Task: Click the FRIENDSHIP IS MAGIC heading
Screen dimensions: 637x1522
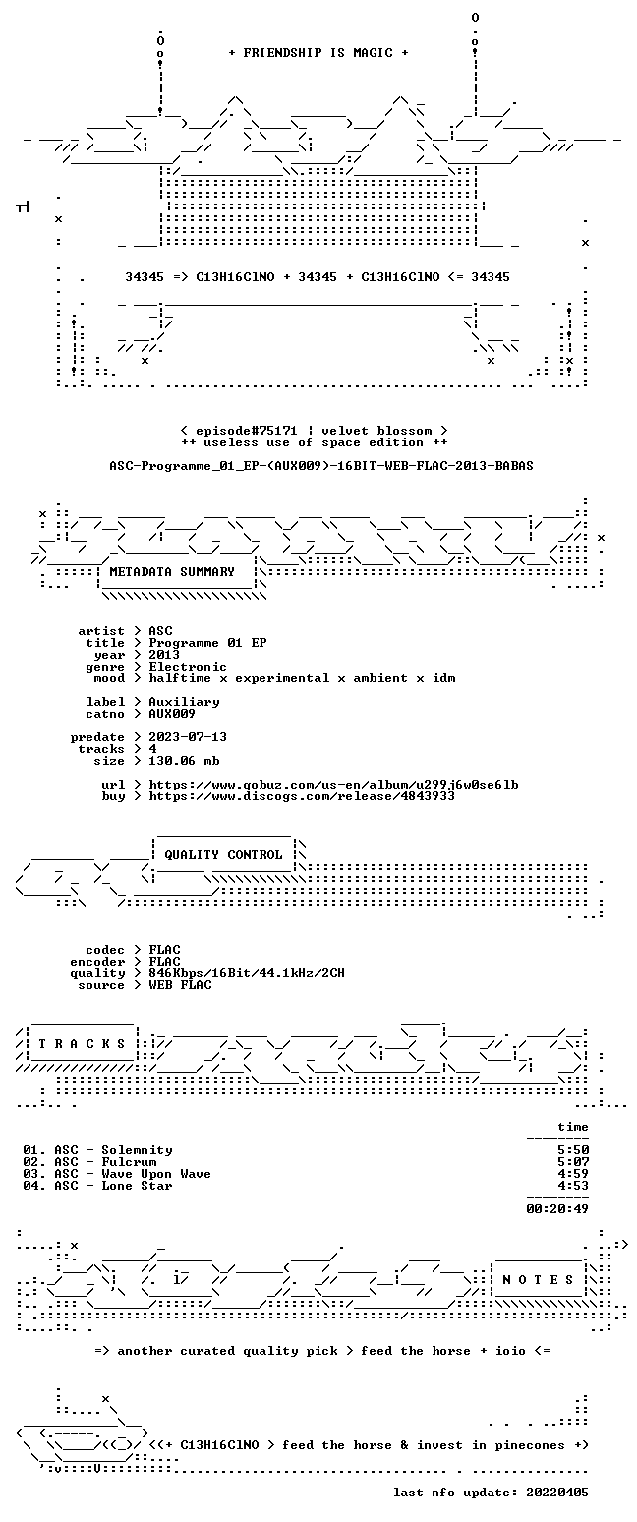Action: click(x=318, y=53)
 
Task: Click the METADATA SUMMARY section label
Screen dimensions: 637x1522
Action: click(x=172, y=572)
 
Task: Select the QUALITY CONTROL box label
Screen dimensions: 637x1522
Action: click(x=223, y=855)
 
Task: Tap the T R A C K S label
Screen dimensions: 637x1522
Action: click(x=83, y=1044)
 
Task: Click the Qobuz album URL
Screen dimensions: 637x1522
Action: click(x=333, y=785)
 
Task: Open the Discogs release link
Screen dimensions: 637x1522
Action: click(x=302, y=796)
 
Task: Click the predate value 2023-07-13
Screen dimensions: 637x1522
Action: click(x=188, y=737)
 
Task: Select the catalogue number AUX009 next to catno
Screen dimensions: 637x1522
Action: click(x=172, y=714)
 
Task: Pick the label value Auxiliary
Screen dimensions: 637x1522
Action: click(x=184, y=702)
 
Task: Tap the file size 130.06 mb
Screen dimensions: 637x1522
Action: click(x=184, y=761)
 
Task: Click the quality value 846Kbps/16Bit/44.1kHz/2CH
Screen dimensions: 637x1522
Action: click(x=247, y=973)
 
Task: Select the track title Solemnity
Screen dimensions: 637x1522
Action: click(x=138, y=1150)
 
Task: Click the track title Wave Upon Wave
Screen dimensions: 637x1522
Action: click(x=156, y=1174)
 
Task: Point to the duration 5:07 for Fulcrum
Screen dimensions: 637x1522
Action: click(x=573, y=1162)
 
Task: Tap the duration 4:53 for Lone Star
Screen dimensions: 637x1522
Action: click(x=573, y=1186)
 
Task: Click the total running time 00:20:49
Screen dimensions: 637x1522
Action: click(x=557, y=1209)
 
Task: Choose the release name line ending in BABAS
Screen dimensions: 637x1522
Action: click(x=321, y=466)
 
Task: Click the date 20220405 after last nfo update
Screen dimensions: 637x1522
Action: click(x=556, y=1493)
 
